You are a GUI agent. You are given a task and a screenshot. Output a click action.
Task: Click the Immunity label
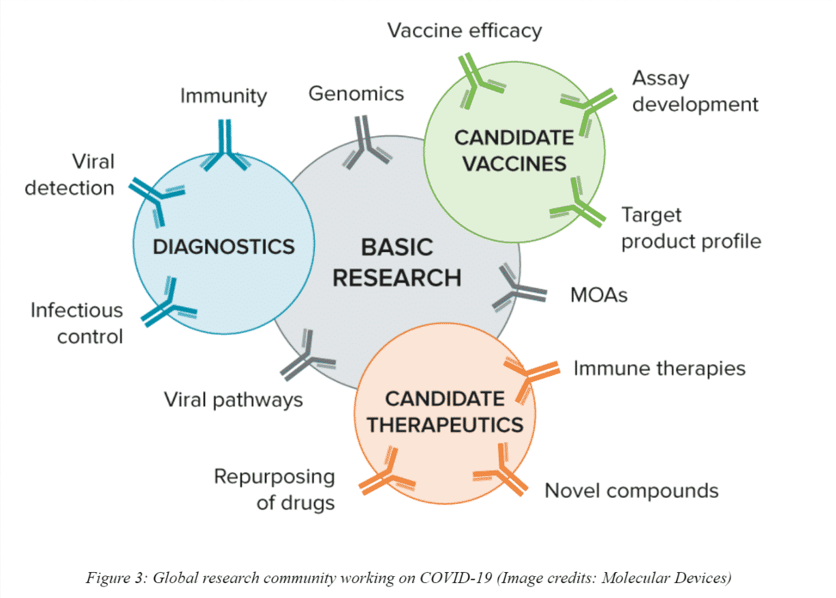tap(223, 96)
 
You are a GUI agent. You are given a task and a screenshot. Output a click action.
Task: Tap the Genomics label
tap(356, 93)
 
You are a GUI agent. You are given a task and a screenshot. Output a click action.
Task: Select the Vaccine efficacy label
tap(465, 31)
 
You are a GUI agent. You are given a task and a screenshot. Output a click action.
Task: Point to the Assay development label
tap(694, 91)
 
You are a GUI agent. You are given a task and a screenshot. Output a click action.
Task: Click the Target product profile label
tap(690, 228)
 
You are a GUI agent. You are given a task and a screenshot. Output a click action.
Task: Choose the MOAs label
tap(598, 296)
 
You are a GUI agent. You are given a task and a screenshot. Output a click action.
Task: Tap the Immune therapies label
tap(659, 368)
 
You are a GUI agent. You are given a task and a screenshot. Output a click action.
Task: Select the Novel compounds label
tap(631, 490)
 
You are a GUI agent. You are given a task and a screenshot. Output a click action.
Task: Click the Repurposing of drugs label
tap(275, 490)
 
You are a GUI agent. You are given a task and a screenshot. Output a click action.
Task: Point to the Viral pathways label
tap(233, 399)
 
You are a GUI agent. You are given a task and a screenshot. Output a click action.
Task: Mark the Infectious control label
tap(77, 323)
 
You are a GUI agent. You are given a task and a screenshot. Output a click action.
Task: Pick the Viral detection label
tap(70, 174)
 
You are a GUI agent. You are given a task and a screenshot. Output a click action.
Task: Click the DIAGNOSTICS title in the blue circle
tap(223, 246)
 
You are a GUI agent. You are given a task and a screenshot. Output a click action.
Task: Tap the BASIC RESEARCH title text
tap(397, 262)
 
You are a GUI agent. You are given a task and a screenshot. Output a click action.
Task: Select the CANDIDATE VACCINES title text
tap(514, 151)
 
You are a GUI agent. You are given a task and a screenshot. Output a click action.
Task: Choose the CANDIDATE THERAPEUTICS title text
tap(445, 411)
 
